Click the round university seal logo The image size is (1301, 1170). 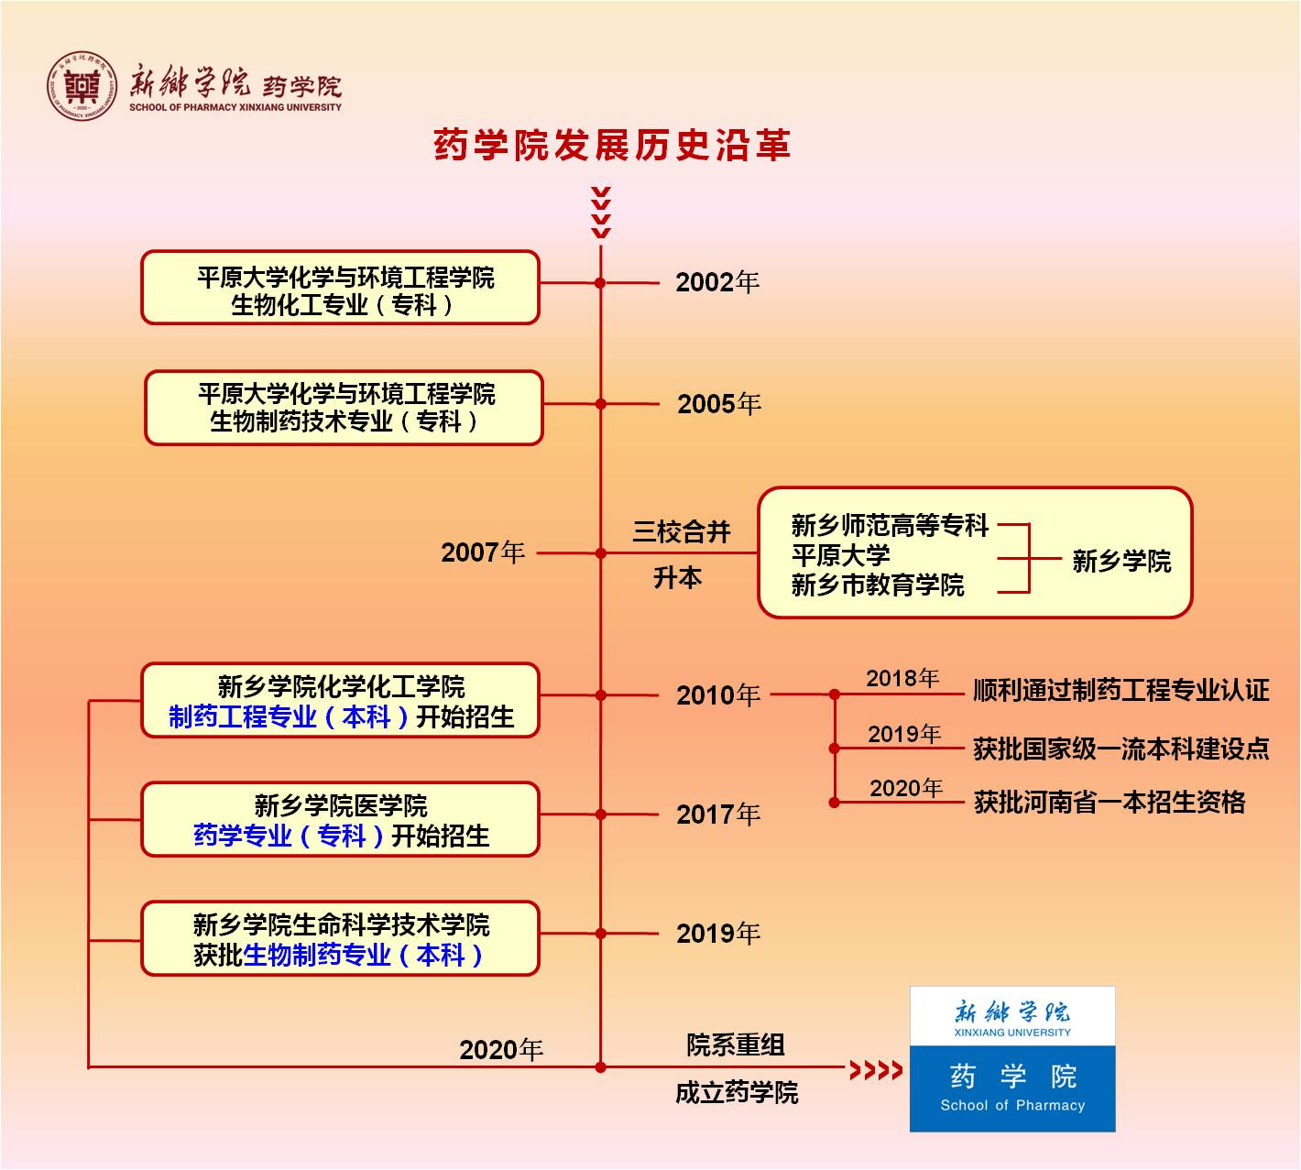(82, 85)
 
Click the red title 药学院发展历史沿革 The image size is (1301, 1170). (612, 146)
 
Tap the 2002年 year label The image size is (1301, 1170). (717, 282)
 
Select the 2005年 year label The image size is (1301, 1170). (719, 404)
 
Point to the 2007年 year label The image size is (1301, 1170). (483, 552)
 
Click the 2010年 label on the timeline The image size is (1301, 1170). (718, 695)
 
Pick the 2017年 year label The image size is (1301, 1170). (718, 815)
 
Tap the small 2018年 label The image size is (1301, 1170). (902, 678)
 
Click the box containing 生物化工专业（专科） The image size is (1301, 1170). (340, 288)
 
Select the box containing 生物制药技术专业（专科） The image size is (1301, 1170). (344, 408)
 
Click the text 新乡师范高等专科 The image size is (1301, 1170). (890, 526)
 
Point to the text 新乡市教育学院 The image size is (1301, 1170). (878, 585)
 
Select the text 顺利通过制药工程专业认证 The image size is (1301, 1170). (1121, 690)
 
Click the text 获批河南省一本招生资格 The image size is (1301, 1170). (1109, 803)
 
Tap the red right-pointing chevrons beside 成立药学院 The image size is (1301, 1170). (876, 1069)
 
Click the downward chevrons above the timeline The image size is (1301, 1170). (601, 213)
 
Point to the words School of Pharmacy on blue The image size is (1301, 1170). (1012, 1106)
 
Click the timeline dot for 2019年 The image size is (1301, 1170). (601, 934)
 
